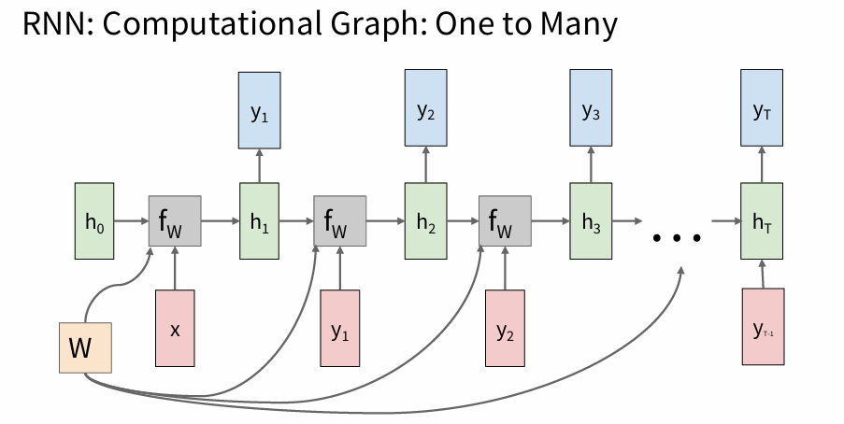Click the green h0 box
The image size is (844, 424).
click(x=95, y=221)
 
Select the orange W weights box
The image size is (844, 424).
click(x=85, y=347)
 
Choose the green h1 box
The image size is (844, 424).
click(x=260, y=221)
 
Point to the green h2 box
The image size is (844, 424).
click(x=425, y=221)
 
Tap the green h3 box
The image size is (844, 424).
click(x=591, y=221)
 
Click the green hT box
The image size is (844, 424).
click(x=761, y=221)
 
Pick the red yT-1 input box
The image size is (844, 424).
click(x=763, y=326)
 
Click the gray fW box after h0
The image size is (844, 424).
click(x=176, y=221)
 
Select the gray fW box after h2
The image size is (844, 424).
click(x=505, y=221)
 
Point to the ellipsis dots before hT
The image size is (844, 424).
click(x=677, y=238)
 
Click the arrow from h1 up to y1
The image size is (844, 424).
click(x=260, y=168)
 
